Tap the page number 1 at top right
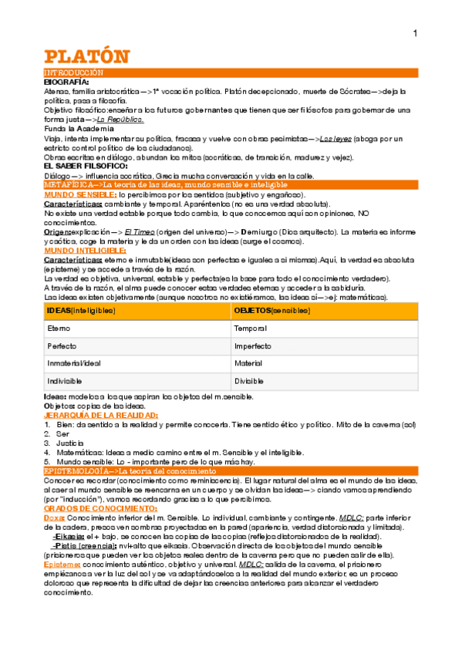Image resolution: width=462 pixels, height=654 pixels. tap(415, 33)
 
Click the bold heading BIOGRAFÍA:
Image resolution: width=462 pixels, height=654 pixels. tap(66, 81)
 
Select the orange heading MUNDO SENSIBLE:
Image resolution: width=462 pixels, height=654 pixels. tap(80, 194)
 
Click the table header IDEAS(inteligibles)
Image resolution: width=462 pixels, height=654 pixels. tap(81, 310)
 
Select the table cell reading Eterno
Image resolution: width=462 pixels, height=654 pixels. tap(59, 329)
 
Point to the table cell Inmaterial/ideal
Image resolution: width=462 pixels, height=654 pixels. tap(73, 364)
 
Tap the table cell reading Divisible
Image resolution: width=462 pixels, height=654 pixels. tap(249, 382)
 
